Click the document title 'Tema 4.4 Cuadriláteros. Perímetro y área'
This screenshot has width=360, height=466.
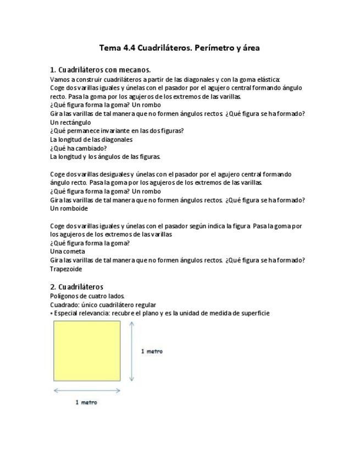(179, 48)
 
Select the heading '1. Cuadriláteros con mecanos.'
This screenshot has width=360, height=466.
(100, 70)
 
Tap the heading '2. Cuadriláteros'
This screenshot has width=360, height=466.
(76, 287)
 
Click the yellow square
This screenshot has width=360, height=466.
(87, 351)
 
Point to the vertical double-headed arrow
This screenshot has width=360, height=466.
(132, 351)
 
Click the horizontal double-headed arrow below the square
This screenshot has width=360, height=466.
(87, 391)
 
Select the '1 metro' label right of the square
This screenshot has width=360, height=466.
(152, 351)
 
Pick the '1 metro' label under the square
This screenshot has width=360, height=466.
(86, 402)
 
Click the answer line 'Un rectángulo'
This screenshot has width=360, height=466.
(70, 122)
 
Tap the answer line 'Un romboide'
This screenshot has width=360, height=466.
(69, 208)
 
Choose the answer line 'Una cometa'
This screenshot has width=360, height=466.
(68, 251)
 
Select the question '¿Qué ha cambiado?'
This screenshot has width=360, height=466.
(78, 148)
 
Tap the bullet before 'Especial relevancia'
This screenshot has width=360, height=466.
(52, 313)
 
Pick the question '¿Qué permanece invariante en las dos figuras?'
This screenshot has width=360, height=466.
(117, 131)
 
